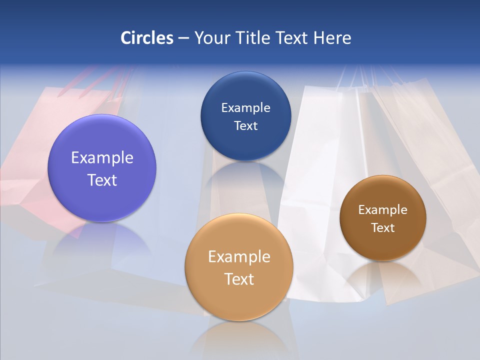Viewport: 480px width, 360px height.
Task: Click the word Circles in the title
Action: pos(146,38)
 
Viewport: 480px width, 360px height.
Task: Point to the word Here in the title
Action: pos(332,38)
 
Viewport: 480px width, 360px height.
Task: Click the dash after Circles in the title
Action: pos(183,38)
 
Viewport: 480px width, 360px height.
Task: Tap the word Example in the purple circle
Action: pos(102,158)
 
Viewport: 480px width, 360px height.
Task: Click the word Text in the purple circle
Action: pos(102,180)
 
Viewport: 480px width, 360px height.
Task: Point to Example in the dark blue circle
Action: pos(245,108)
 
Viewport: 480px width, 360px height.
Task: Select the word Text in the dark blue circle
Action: pos(245,125)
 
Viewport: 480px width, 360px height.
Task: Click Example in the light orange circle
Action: pos(239,257)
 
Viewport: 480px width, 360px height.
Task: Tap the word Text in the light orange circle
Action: pos(239,279)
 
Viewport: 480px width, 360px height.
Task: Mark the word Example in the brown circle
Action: pos(383,210)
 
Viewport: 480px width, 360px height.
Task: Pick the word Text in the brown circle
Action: pos(383,228)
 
